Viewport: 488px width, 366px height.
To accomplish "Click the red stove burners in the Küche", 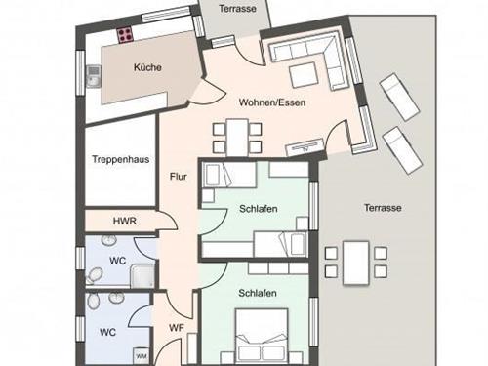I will coord(128,36).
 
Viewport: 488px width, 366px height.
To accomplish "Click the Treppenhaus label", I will coord(120,160).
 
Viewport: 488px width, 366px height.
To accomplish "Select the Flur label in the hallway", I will coord(178,177).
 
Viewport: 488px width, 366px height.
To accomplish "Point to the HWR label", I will coord(124,222).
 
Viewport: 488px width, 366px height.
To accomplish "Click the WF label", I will coord(177,328).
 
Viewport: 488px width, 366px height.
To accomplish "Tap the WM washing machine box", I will coord(141,354).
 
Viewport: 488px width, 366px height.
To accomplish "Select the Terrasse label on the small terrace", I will coord(237,7).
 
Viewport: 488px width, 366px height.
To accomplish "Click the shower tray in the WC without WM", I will coord(141,275).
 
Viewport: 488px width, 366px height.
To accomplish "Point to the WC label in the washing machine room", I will coord(107,331).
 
